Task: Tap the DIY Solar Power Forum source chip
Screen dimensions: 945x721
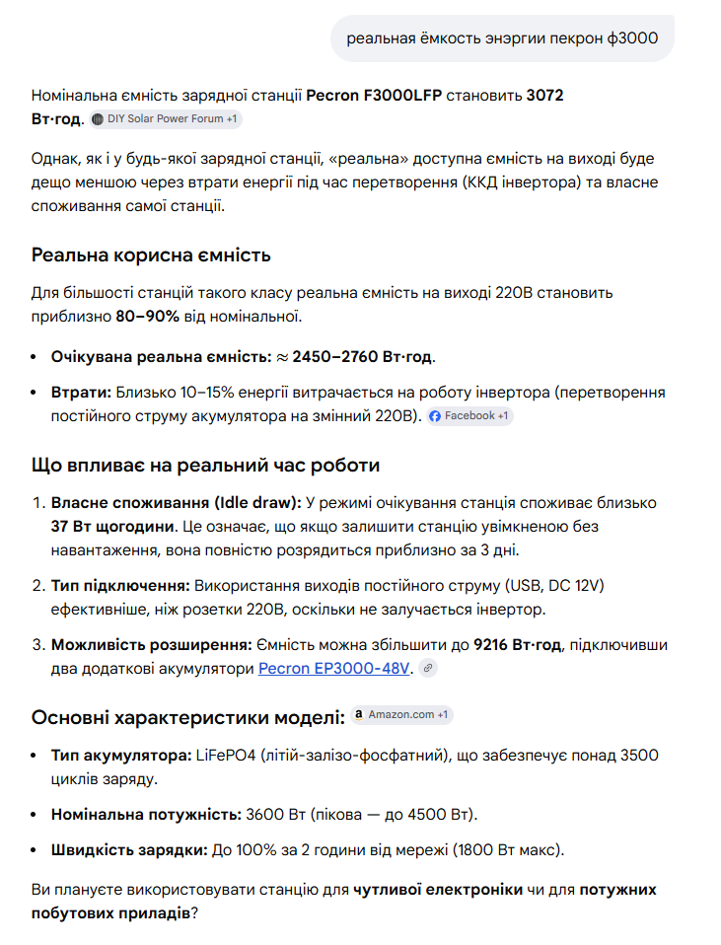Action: point(165,119)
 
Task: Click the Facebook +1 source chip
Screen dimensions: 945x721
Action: point(469,416)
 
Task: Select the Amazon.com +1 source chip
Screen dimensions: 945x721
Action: point(401,714)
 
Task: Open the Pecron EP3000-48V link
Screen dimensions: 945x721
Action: point(333,668)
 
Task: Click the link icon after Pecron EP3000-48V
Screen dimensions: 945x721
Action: point(426,669)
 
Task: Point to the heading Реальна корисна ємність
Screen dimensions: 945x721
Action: point(151,255)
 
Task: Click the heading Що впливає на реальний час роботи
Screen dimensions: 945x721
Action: point(205,465)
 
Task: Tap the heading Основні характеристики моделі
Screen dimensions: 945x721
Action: point(188,716)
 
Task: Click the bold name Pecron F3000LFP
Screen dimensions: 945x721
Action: point(376,96)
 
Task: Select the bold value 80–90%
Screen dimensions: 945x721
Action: point(148,317)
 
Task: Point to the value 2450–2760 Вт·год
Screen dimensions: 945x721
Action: point(363,355)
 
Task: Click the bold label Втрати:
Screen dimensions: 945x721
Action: point(81,392)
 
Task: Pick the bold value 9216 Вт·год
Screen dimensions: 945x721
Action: point(517,644)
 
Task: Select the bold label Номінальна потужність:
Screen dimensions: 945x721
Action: point(146,815)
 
